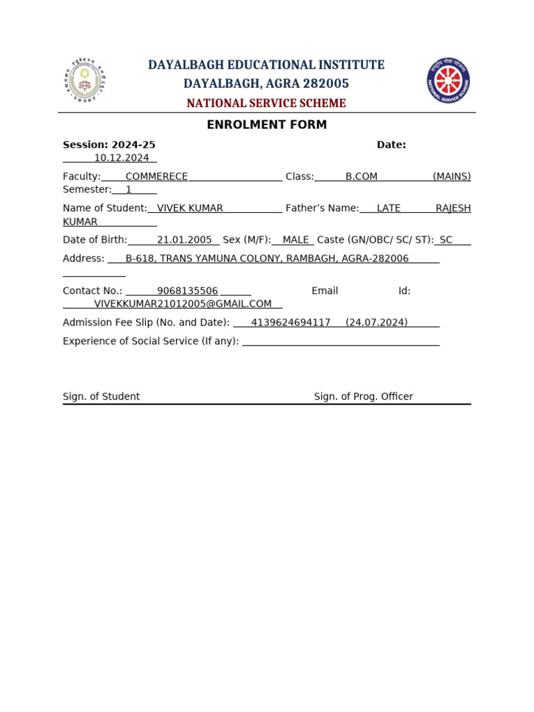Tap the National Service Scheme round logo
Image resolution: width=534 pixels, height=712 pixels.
tap(448, 81)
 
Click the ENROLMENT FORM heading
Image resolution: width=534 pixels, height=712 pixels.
tap(267, 125)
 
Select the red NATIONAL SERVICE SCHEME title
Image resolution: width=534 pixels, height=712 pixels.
tap(266, 104)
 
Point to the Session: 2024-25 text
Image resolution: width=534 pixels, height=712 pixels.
tap(109, 145)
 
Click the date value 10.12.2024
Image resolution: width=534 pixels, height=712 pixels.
tap(122, 158)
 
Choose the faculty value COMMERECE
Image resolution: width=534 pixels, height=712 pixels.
tap(156, 177)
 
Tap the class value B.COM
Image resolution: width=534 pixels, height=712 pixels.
tap(362, 177)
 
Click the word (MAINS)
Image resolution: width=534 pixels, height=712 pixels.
tap(451, 177)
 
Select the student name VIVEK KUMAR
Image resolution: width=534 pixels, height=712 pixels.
tap(190, 208)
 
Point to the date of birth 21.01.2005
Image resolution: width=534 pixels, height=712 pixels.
tap(184, 240)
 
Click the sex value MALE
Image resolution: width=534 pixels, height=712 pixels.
tap(296, 240)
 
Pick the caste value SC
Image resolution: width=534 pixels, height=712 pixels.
tap(446, 240)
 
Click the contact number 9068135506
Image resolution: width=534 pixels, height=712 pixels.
tap(187, 291)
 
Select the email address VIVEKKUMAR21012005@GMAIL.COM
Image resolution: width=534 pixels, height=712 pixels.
tap(183, 304)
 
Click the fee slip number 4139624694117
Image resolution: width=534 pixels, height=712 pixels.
tap(291, 323)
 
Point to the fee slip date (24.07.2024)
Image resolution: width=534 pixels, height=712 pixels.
tap(377, 323)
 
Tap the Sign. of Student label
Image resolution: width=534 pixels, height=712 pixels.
tap(102, 396)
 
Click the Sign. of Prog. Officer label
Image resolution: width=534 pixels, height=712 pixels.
tap(364, 396)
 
